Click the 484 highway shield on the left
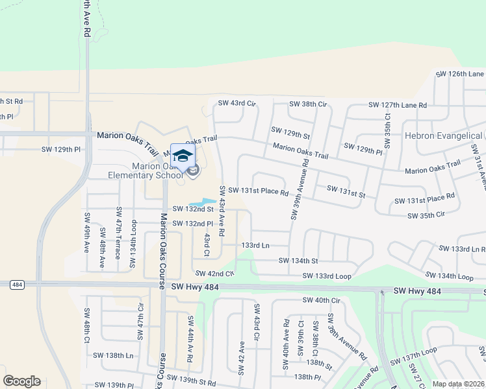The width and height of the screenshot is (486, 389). click(17, 285)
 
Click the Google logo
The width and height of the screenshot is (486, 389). click(21, 381)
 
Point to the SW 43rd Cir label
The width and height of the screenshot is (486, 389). click(237, 103)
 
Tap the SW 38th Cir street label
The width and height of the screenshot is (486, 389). click(307, 104)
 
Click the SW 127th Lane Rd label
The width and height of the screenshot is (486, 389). click(398, 105)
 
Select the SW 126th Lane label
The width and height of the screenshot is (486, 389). click(460, 74)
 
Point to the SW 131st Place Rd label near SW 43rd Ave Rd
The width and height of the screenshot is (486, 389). click(258, 192)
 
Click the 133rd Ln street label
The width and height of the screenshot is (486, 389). click(255, 245)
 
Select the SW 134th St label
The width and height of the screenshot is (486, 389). click(298, 261)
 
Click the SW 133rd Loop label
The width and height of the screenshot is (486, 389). click(327, 277)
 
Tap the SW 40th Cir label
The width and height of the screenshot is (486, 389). click(321, 300)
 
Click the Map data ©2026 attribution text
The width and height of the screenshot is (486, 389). click(459, 384)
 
